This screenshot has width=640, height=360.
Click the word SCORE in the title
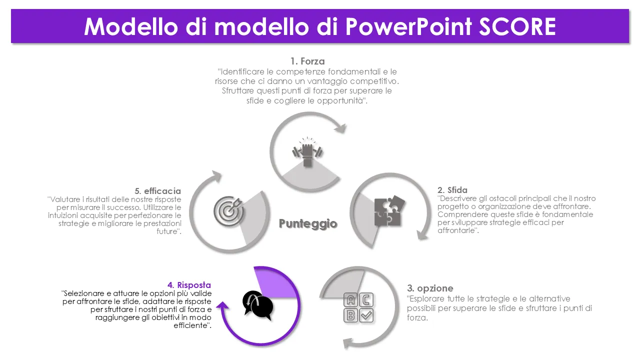click(x=517, y=26)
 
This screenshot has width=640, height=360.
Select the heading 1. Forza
click(x=307, y=61)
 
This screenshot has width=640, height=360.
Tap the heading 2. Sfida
click(x=452, y=190)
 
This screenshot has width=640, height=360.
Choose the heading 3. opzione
click(x=430, y=288)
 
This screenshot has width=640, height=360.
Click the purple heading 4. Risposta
click(x=189, y=285)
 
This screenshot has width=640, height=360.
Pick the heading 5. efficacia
click(x=157, y=191)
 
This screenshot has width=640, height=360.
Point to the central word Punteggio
click(x=308, y=223)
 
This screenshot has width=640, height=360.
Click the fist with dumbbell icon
click(x=307, y=151)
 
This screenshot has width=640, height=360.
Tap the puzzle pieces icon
click(x=389, y=211)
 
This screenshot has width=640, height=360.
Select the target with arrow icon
click(x=228, y=211)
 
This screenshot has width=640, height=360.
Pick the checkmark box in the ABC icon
click(x=366, y=315)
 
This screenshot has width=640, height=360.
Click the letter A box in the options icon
click(x=350, y=300)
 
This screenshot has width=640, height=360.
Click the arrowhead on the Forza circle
click(x=341, y=128)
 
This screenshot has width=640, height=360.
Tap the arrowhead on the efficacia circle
click(x=216, y=176)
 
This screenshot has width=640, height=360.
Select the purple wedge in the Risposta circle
click(x=274, y=284)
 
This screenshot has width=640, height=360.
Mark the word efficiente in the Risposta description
click(x=192, y=325)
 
